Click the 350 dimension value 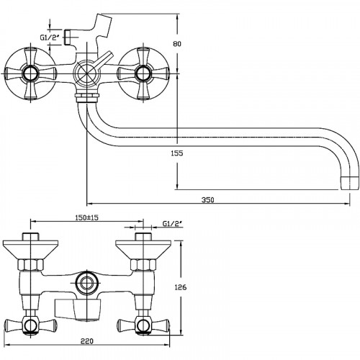[x=207, y=199]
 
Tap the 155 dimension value [x=177, y=153]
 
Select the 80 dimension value [x=177, y=44]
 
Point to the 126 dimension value [x=181, y=287]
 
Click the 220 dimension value [x=87, y=341]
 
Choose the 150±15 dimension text [x=87, y=217]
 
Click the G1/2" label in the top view [x=50, y=37]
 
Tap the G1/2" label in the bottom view [x=173, y=224]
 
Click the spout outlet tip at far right [x=350, y=184]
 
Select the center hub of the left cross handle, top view [x=30, y=73]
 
